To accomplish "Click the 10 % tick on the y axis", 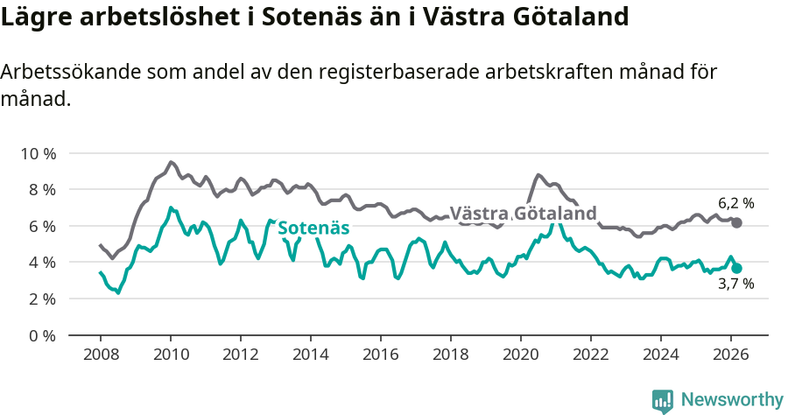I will (x=38, y=153).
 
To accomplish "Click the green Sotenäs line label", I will (x=313, y=229).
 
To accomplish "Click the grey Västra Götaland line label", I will (x=523, y=214).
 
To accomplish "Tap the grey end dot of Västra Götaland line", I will (x=736, y=223).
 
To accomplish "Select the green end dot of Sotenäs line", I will (x=736, y=268).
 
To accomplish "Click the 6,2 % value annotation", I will (x=735, y=203).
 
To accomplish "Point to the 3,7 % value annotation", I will (x=735, y=285).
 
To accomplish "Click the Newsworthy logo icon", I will (x=663, y=400).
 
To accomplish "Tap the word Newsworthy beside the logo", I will (x=731, y=400).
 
